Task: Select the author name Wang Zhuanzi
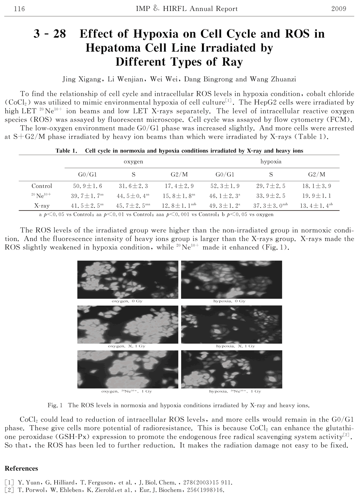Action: pos(272,79)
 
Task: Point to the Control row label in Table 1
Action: pos(42,186)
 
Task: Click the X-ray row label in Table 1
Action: pos(42,206)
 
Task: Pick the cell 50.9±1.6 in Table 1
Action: pos(88,186)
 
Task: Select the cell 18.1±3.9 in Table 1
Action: pos(317,186)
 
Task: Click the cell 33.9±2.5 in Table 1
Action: pos(271,196)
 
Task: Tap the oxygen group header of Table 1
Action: pos(133,162)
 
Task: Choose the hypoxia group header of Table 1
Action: pos(271,162)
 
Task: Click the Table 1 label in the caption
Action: pos(66,151)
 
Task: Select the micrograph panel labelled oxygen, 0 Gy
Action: pos(127,280)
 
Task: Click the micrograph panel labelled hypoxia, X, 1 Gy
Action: pos(232,324)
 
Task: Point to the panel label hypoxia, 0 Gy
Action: pos(229,301)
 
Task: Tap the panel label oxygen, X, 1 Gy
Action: pos(127,346)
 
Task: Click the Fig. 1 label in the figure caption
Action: pos(55,405)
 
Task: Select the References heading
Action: pos(21,468)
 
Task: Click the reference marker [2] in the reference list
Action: pos(9,490)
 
